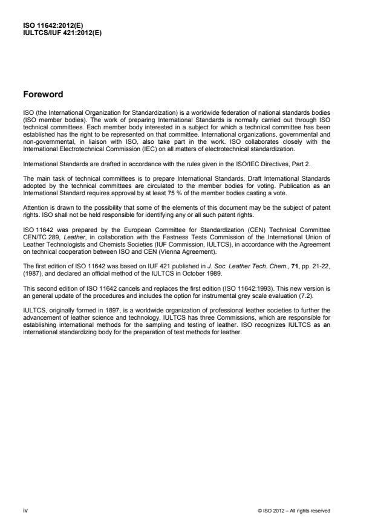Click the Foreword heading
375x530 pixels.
tap(42, 94)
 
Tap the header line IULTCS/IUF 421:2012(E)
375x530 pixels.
tap(62, 33)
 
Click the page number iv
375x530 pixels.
tap(25, 511)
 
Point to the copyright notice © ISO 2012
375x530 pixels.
tap(294, 511)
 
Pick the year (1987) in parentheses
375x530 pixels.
tap(35, 271)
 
